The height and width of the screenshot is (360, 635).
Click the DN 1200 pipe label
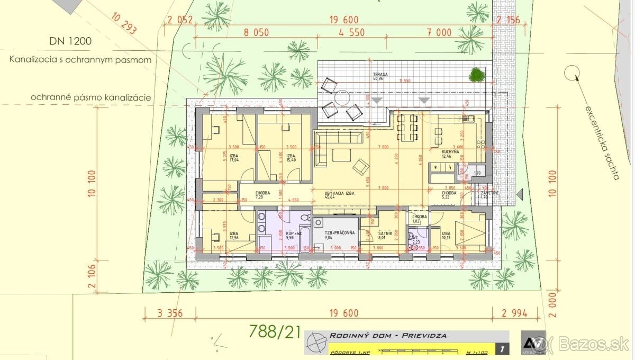tap(70, 40)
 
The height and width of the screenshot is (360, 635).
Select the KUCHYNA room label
tap(453, 152)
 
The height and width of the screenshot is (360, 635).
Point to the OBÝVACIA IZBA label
tap(339, 194)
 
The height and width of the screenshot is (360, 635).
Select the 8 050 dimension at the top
tap(256, 32)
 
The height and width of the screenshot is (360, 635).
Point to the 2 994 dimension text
tap(513, 313)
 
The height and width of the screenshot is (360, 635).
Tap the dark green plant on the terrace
tap(477, 75)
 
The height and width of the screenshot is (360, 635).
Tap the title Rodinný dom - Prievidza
tap(388, 336)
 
